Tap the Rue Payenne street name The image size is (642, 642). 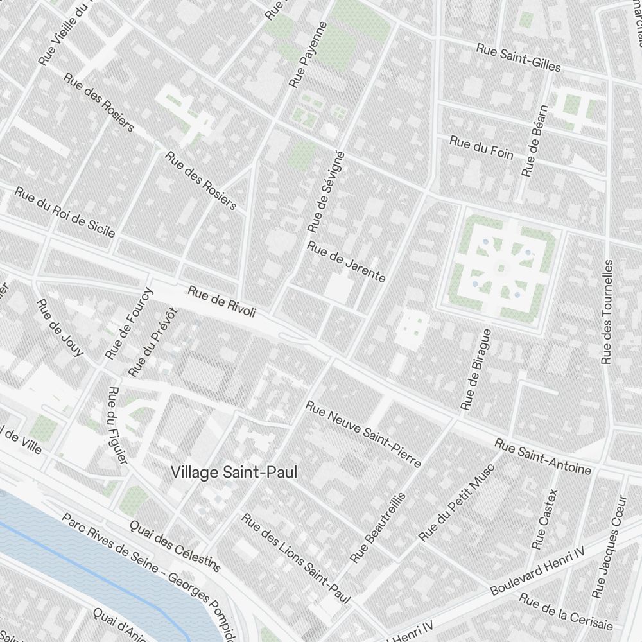pos(308,55)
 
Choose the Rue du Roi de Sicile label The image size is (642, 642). pos(64,212)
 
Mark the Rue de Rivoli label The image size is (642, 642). pos(222,302)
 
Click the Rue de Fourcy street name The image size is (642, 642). pos(130,323)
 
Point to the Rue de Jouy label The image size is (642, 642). pos(60,327)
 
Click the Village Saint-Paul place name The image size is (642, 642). pos(234,473)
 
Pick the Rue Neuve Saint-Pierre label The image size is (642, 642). pos(363,434)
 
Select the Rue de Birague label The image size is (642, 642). pos(476,370)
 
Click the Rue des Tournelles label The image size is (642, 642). pos(607,312)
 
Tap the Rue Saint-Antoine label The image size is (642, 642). pos(542,456)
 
